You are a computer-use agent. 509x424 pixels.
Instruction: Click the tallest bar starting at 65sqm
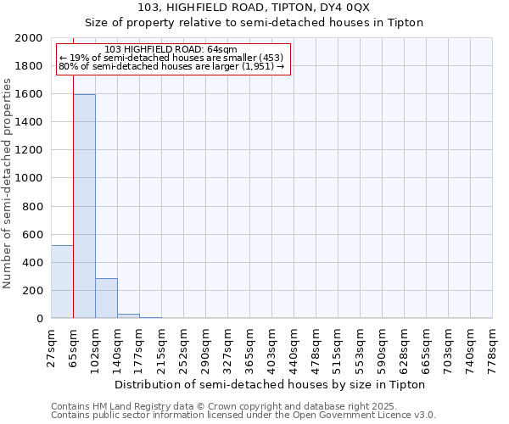pyautogui.click(x=84, y=206)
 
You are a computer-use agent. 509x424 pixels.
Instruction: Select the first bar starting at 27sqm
pyautogui.click(x=62, y=282)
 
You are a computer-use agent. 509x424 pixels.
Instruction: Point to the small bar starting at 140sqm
pyautogui.click(x=128, y=315)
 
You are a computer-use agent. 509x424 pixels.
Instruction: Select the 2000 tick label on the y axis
pyautogui.click(x=31, y=38)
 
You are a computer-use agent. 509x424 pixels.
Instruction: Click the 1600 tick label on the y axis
pyautogui.click(x=31, y=94)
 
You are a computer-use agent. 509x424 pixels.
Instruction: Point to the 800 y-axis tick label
pyautogui.click(x=34, y=206)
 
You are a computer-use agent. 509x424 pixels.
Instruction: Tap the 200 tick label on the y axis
pyautogui.click(x=34, y=291)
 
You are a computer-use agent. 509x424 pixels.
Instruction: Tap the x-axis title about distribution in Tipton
pyautogui.click(x=269, y=384)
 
